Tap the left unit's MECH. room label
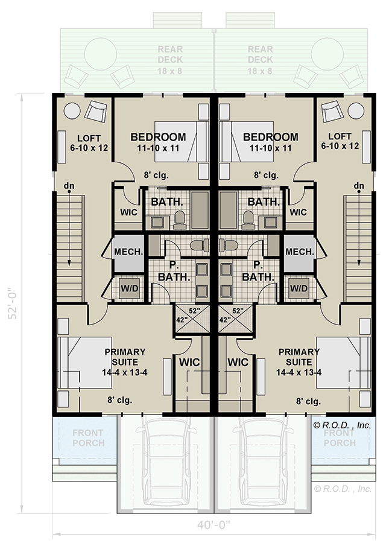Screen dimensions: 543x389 128,252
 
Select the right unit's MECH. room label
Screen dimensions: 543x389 299,252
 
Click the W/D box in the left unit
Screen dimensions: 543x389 130,288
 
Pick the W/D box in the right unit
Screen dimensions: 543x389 298,288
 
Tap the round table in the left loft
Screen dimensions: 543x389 72,111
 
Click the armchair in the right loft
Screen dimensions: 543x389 331,111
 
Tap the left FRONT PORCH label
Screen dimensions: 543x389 88,437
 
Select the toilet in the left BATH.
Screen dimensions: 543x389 179,220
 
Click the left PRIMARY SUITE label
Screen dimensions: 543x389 125,361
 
